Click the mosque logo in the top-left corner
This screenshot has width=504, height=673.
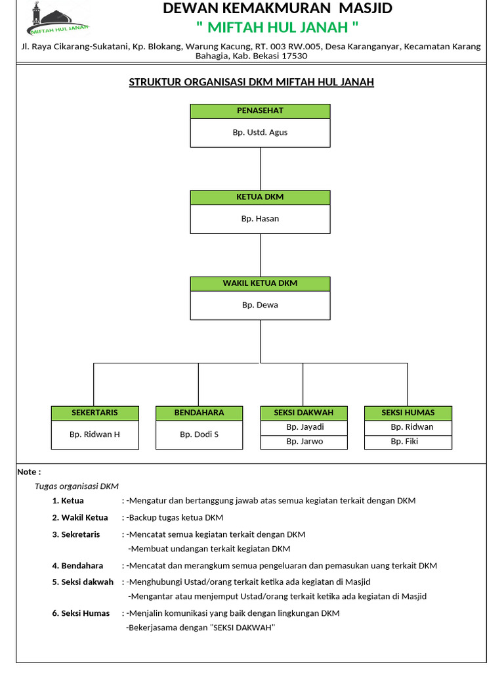click(58, 19)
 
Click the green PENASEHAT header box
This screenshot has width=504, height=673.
click(260, 111)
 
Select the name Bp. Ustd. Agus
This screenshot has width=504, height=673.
click(260, 133)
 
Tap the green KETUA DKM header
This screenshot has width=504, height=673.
click(260, 197)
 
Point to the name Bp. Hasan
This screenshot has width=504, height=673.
click(260, 219)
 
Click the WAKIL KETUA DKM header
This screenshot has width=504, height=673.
click(260, 283)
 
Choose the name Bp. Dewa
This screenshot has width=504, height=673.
click(260, 305)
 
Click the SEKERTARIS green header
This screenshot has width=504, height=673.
click(95, 413)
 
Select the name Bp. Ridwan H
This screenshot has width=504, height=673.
click(95, 434)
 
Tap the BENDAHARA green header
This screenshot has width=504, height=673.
click(199, 413)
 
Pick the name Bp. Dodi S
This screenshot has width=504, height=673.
click(199, 434)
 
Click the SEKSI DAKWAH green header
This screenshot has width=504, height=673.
click(303, 413)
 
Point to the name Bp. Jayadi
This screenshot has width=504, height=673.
click(304, 427)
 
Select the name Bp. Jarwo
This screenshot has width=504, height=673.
click(304, 442)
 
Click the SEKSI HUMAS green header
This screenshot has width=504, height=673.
click(408, 413)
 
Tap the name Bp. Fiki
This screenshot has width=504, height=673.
click(404, 442)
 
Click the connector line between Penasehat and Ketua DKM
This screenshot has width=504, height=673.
click(261, 169)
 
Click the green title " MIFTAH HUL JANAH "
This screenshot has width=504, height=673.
click(278, 28)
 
